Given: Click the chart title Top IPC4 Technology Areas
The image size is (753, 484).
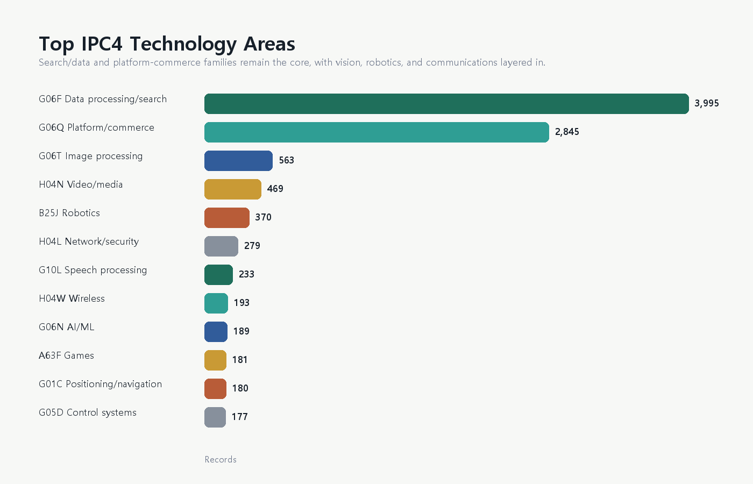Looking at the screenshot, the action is pos(167,44).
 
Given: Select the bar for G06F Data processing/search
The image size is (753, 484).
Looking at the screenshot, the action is pos(446,104).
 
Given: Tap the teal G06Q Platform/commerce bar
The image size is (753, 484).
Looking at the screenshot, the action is pos(376,132).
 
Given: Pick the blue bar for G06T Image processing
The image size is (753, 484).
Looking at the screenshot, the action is pos(238,161).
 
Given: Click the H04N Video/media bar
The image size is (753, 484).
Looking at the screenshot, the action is pos(232,189).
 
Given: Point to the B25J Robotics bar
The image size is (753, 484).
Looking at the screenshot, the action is pos(227,218).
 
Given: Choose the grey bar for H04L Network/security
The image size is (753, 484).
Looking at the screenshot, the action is pos(221,246).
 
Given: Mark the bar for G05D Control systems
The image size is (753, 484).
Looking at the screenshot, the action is pos(215,417).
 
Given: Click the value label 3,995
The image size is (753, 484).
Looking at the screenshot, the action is pos(707,103).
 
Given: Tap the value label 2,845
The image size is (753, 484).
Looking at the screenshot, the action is pos(567,132).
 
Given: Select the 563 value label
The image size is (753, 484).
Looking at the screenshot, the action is pos(286,160).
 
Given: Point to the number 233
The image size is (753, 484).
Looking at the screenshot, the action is pos(246,274).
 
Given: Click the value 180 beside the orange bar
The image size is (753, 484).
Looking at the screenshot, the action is pos(240,388).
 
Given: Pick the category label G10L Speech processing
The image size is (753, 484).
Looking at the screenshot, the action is pos(93,270).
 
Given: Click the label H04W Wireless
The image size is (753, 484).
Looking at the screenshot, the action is pos(72,298).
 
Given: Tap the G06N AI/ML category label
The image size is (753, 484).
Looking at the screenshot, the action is pos(67,327).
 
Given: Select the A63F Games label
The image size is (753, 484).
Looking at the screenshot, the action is pos(67,355).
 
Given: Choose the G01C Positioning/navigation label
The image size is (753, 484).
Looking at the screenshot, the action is pos(101,384).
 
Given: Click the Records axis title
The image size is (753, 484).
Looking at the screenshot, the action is pos(221,459).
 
